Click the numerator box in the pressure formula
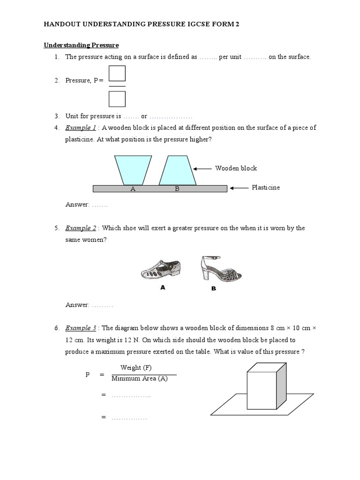tap(117, 74)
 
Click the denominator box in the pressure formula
tap(117, 99)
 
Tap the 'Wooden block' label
tap(236, 168)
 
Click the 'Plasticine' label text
tap(266, 187)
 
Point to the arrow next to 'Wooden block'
tap(202, 169)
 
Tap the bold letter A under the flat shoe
tap(163, 288)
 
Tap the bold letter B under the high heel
tap(213, 289)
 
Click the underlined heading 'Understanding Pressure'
tap(81, 45)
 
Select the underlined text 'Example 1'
tap(81, 128)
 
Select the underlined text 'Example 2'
tap(81, 228)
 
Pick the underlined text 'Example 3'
tap(81, 328)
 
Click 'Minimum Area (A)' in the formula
tap(140, 379)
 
